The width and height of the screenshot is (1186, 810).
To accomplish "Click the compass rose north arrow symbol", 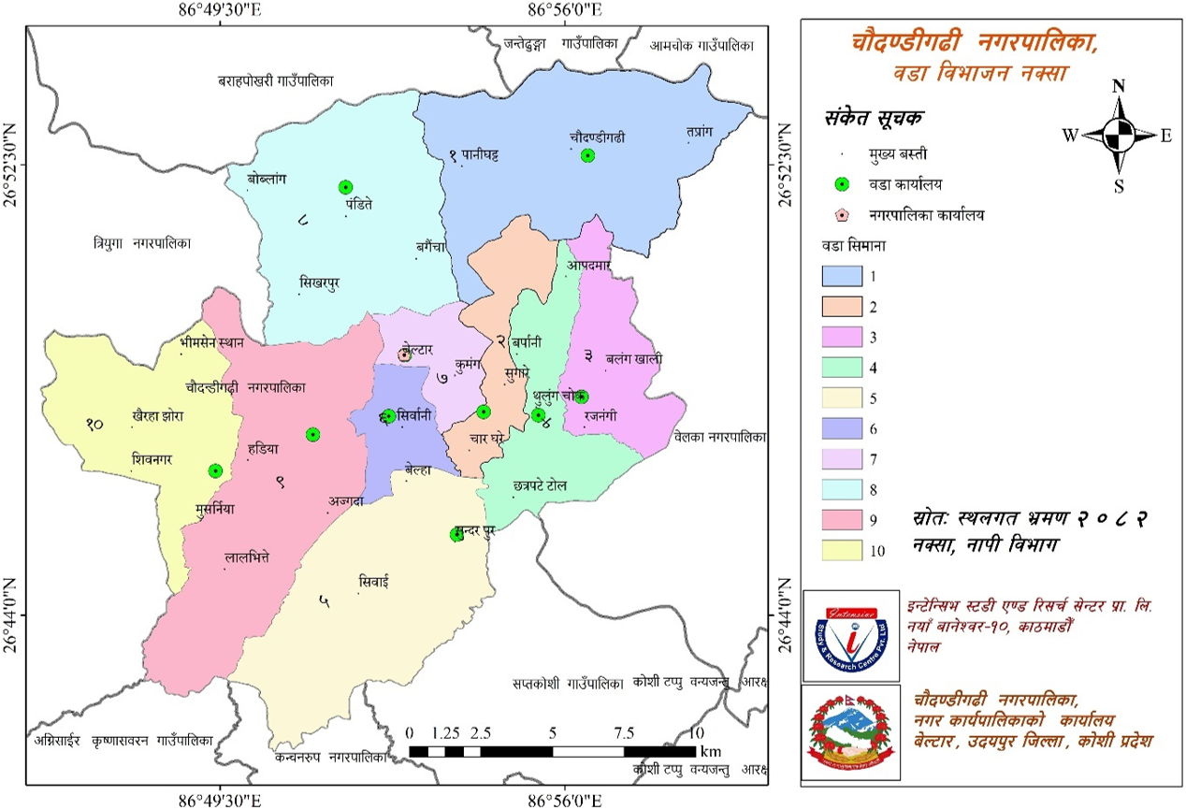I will [x=1118, y=136].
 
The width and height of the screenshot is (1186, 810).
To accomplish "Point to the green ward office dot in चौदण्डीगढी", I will [x=587, y=155].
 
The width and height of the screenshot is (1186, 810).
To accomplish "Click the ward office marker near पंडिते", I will [x=345, y=187].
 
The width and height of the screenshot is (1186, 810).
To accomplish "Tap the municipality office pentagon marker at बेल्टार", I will [x=404, y=355].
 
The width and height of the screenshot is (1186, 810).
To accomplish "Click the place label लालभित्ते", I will [x=247, y=557].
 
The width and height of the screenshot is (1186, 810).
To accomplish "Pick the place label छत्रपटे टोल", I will [x=540, y=486].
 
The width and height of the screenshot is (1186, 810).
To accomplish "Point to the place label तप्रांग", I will [x=699, y=132].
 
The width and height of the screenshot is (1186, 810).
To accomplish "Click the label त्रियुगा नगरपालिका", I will [x=143, y=242].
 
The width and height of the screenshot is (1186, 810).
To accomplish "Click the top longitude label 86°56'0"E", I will [x=565, y=10].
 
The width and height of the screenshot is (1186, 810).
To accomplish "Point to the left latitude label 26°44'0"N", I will [x=12, y=615].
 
